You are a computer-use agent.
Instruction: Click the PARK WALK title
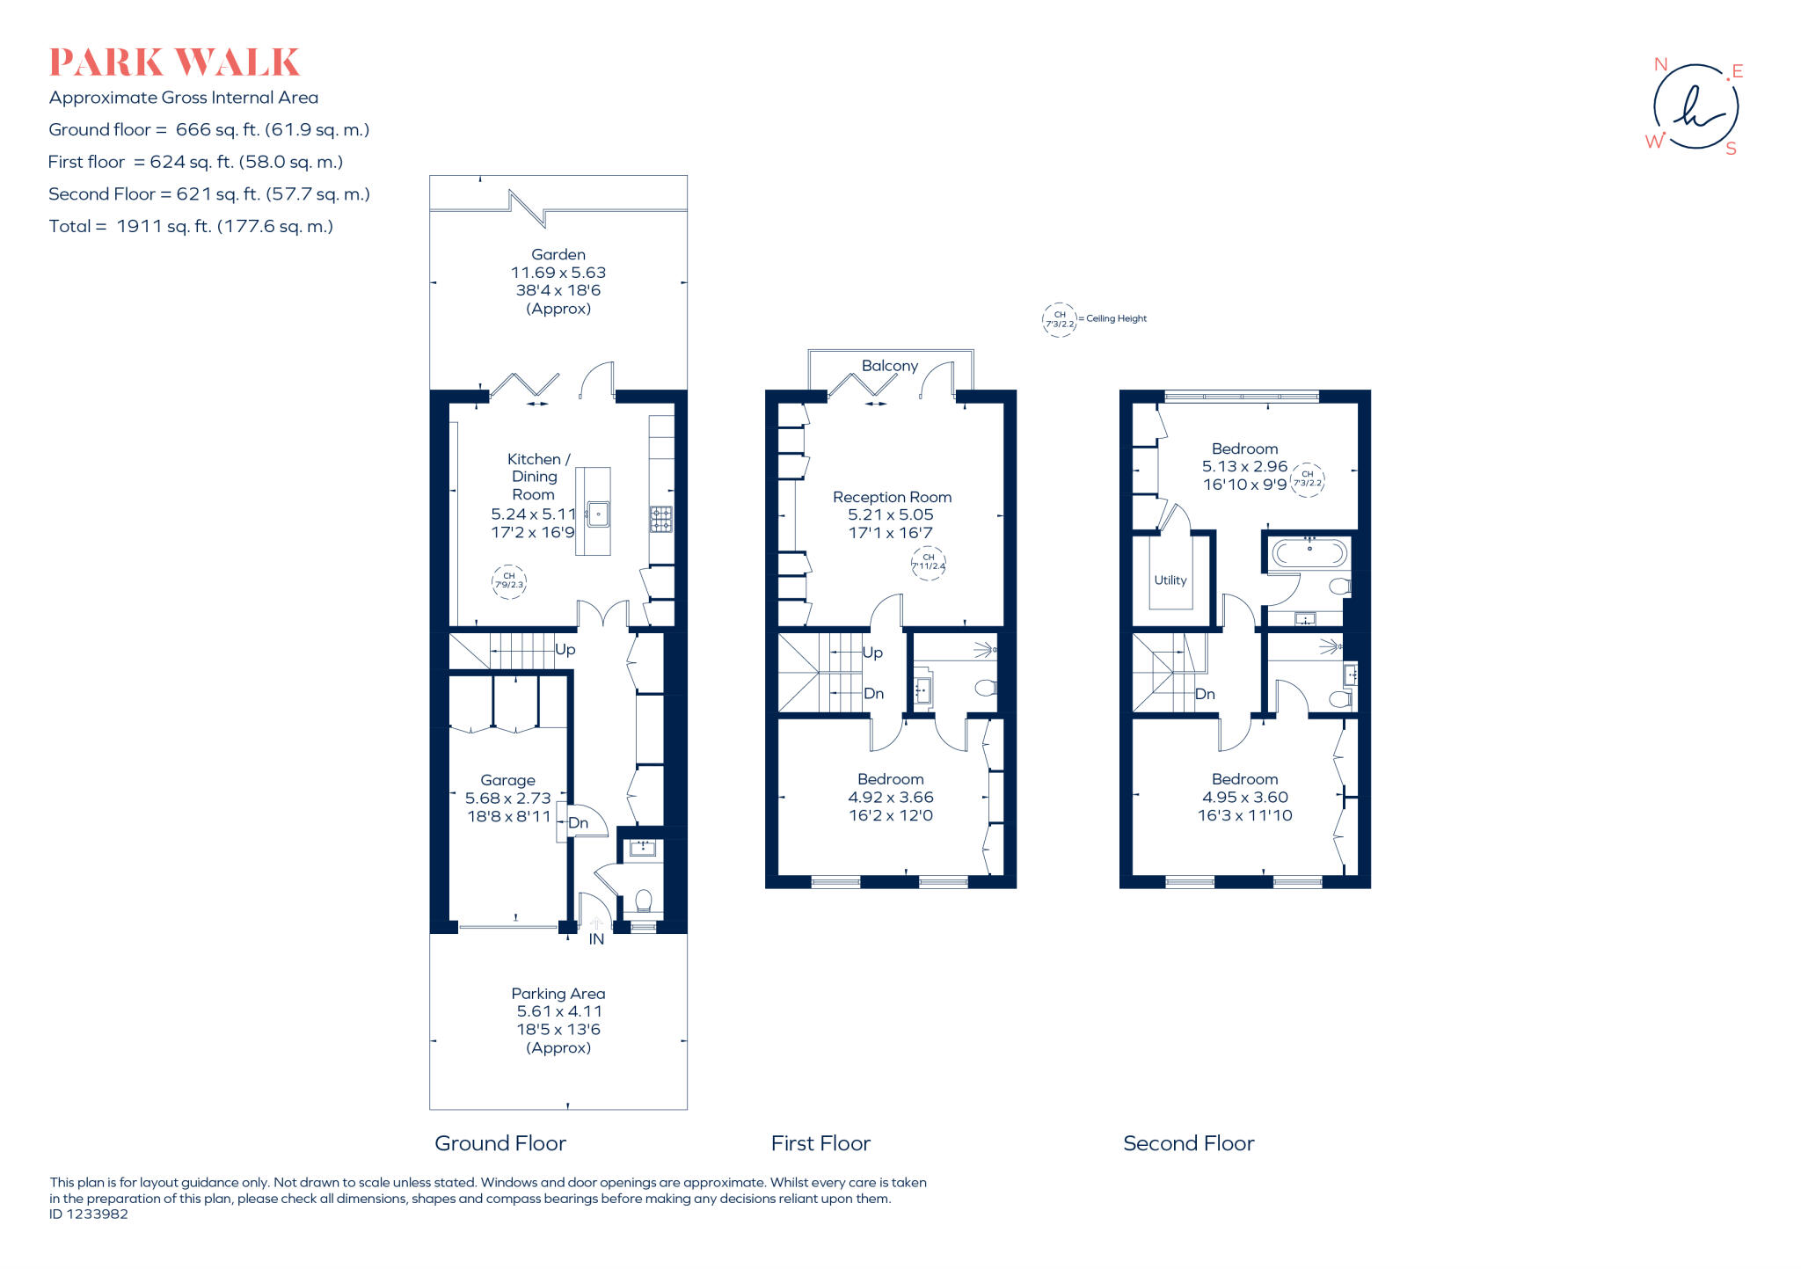coord(174,62)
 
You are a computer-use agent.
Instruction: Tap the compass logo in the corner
coord(1695,107)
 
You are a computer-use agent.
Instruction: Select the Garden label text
coord(558,254)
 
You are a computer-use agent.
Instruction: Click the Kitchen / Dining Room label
coord(535,476)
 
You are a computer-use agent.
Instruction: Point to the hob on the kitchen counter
coord(660,519)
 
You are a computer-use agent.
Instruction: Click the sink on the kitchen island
coord(598,514)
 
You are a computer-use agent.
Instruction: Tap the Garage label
coord(507,780)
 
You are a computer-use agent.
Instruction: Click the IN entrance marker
coord(596,939)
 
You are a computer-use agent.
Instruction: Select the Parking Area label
coord(558,993)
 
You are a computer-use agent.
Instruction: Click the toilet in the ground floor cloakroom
coord(643,901)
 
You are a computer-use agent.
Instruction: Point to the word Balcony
coord(889,366)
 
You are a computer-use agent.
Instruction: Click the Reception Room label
coord(892,497)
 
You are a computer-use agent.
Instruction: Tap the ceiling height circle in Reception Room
coord(928,562)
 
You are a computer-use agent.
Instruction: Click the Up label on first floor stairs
coord(872,653)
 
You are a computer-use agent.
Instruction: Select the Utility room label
coord(1170,580)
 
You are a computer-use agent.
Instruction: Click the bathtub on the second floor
coord(1309,553)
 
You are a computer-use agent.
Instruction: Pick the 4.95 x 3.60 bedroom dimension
coord(1244,798)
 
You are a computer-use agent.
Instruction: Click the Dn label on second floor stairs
coord(1205,694)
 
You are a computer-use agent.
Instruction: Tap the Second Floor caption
coord(1188,1143)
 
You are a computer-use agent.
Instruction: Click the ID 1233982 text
coord(89,1214)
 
